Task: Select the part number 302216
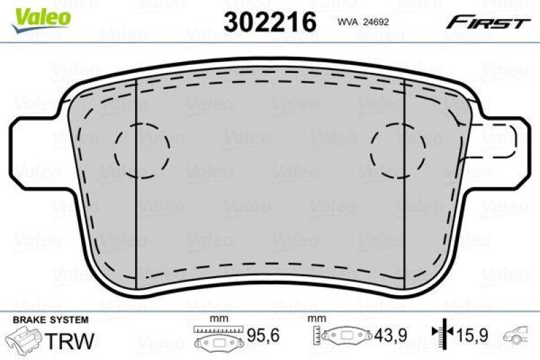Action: pos(269,22)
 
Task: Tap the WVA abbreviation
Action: pos(347,22)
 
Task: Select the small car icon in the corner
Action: pos(520,334)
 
